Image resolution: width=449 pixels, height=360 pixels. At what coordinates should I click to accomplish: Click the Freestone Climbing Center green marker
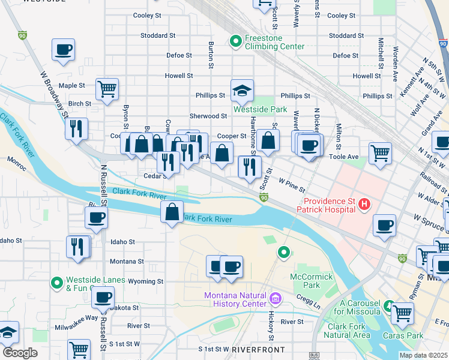(x=235, y=41)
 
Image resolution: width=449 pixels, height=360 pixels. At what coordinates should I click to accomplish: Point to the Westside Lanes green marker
(x=56, y=282)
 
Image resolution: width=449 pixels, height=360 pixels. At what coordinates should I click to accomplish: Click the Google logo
(x=20, y=353)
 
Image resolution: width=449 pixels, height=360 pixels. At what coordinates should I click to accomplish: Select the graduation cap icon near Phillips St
(x=243, y=91)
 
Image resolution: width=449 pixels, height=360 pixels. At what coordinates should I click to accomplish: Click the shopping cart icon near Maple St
(x=107, y=89)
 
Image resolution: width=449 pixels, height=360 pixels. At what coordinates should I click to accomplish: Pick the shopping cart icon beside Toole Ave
(x=380, y=154)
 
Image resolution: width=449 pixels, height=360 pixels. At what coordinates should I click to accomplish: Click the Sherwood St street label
(x=208, y=116)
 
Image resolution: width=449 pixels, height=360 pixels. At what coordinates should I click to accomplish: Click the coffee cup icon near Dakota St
(x=103, y=298)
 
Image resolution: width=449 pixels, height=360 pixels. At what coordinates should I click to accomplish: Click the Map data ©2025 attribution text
(x=423, y=355)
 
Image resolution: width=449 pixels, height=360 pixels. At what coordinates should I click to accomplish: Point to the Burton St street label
(x=211, y=54)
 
